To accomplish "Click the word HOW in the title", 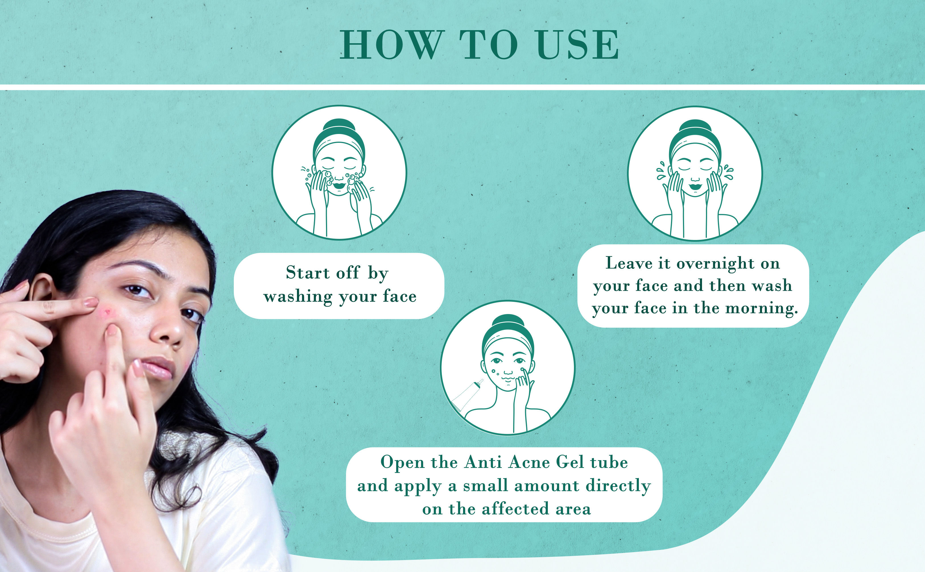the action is click(x=391, y=45).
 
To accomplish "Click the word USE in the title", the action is click(x=578, y=45).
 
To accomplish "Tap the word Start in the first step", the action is click(x=307, y=272).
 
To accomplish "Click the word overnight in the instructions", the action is click(x=715, y=264).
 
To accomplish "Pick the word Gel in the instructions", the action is click(x=570, y=462).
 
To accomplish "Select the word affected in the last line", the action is click(x=515, y=509).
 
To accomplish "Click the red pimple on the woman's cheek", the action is click(x=107, y=312).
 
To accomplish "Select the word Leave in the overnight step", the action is click(x=629, y=263).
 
